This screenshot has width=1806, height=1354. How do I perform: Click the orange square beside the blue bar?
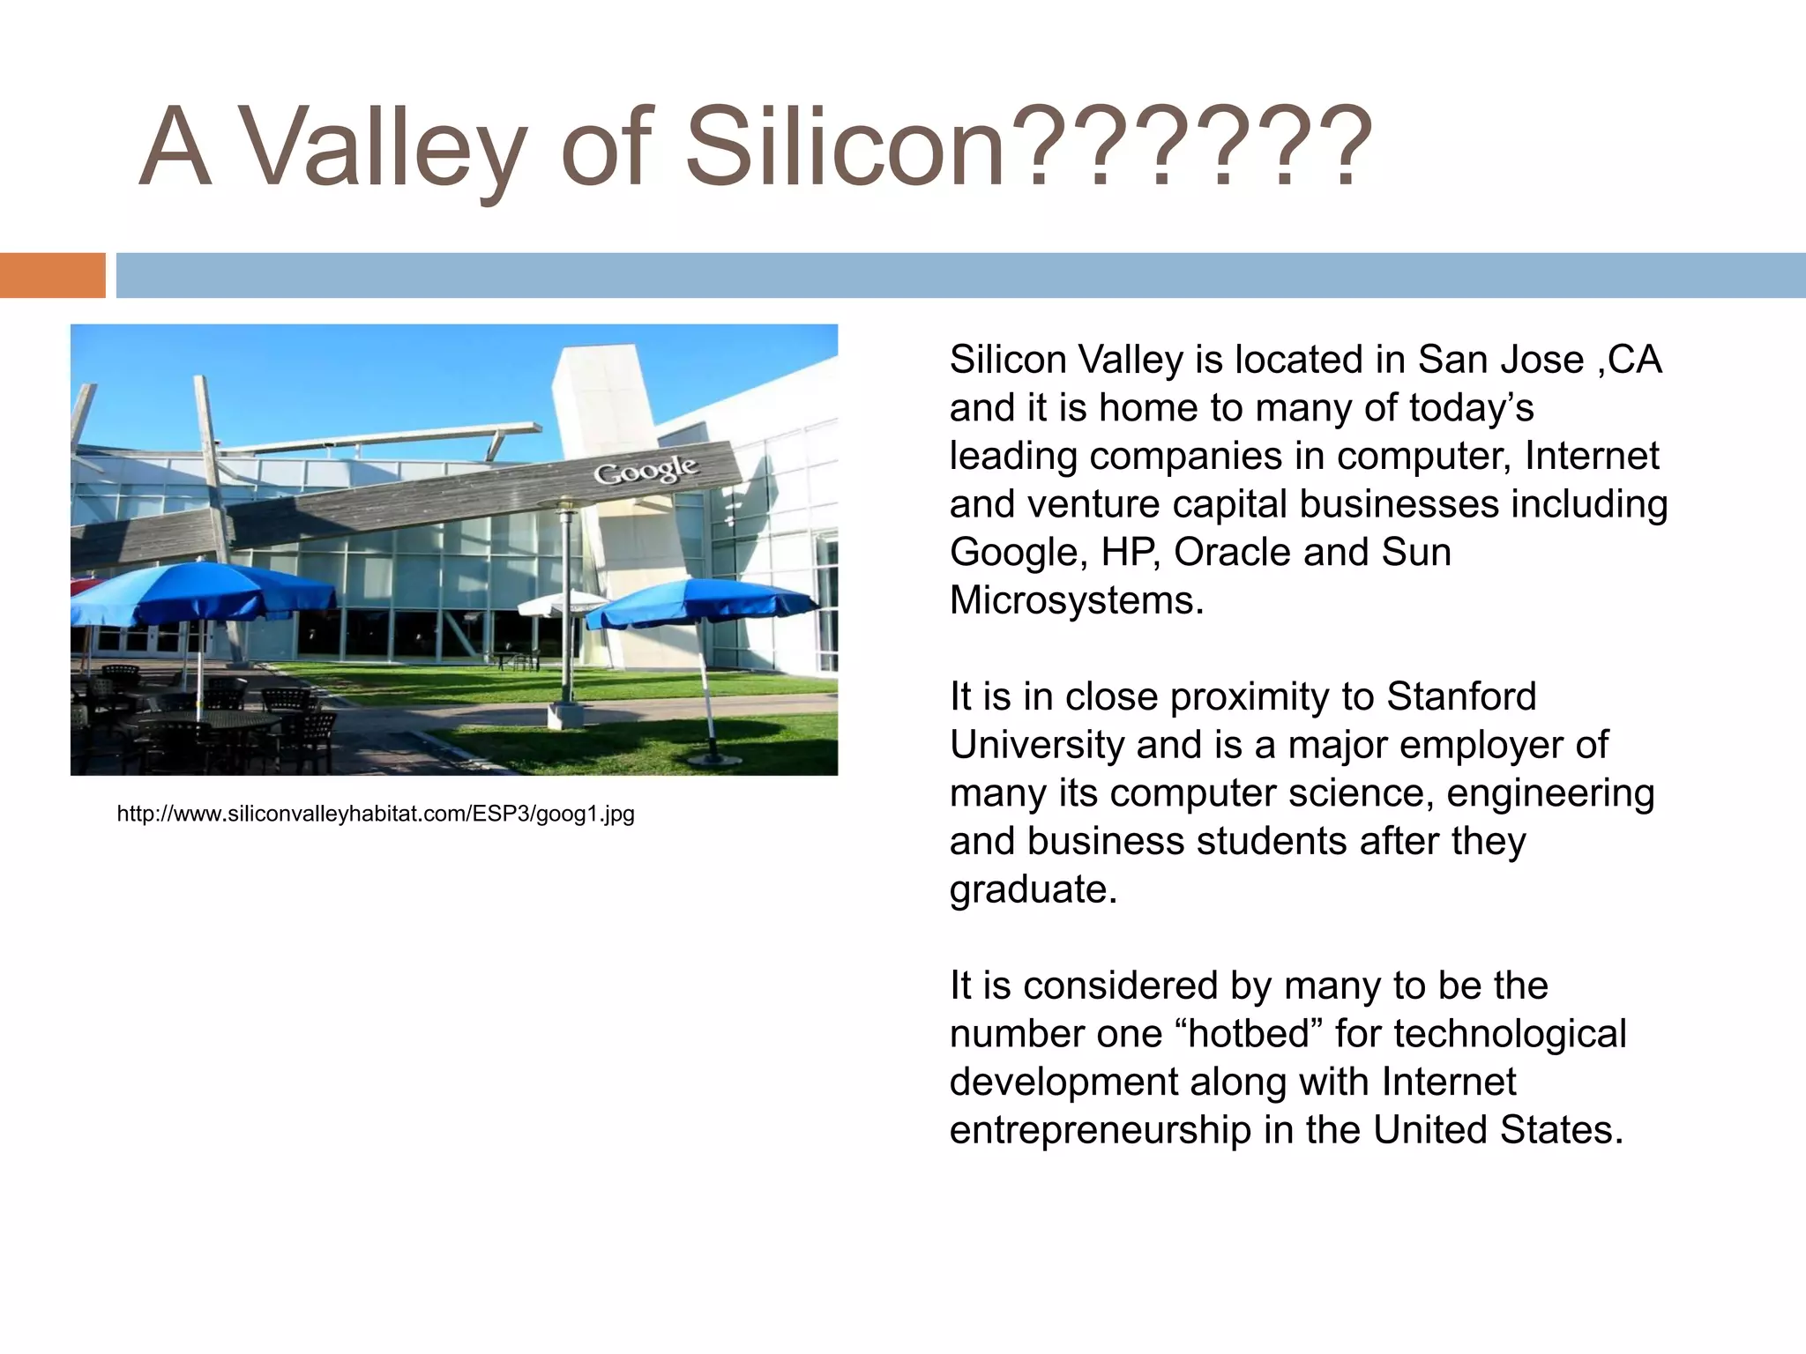pos(52,275)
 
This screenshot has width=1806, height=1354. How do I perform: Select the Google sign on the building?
pos(646,470)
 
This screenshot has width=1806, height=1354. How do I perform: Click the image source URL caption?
pos(376,814)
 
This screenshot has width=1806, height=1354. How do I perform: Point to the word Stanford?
pos(1461,696)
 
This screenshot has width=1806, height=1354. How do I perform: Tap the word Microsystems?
pos(1076,601)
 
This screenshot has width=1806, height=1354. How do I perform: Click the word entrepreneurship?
pos(1100,1130)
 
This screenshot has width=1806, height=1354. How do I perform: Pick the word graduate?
pos(1033,890)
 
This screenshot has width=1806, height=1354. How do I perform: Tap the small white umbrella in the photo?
pos(562,604)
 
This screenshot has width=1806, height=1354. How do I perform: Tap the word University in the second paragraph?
pos(1037,745)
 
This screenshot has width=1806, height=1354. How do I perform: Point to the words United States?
pos(1497,1130)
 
